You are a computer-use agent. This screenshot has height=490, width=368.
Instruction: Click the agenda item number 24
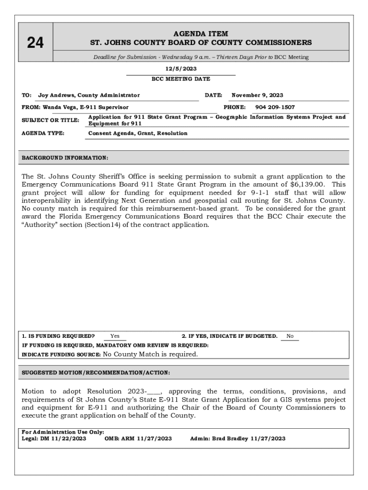(x=35, y=43)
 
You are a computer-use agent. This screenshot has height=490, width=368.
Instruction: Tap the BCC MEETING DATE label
(x=181, y=79)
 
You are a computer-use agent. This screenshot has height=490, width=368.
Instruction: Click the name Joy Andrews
(x=54, y=95)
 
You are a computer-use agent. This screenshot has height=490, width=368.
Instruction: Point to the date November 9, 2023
(x=257, y=95)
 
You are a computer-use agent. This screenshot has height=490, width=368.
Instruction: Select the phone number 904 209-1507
(x=275, y=107)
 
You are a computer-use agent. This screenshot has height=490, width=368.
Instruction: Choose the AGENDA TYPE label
(x=43, y=133)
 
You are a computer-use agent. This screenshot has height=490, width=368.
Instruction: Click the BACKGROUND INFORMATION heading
(x=65, y=157)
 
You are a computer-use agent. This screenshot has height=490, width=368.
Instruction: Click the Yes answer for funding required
(x=115, y=336)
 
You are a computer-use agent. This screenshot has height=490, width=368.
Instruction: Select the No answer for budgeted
(x=290, y=336)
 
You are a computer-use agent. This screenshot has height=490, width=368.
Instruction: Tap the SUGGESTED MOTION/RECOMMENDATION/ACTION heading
(x=96, y=372)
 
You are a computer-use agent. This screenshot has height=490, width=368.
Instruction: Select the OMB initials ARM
(x=128, y=438)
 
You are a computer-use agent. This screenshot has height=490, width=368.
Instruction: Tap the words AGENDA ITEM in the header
(x=201, y=34)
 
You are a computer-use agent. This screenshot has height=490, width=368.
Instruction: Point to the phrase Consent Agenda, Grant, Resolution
(x=138, y=133)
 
